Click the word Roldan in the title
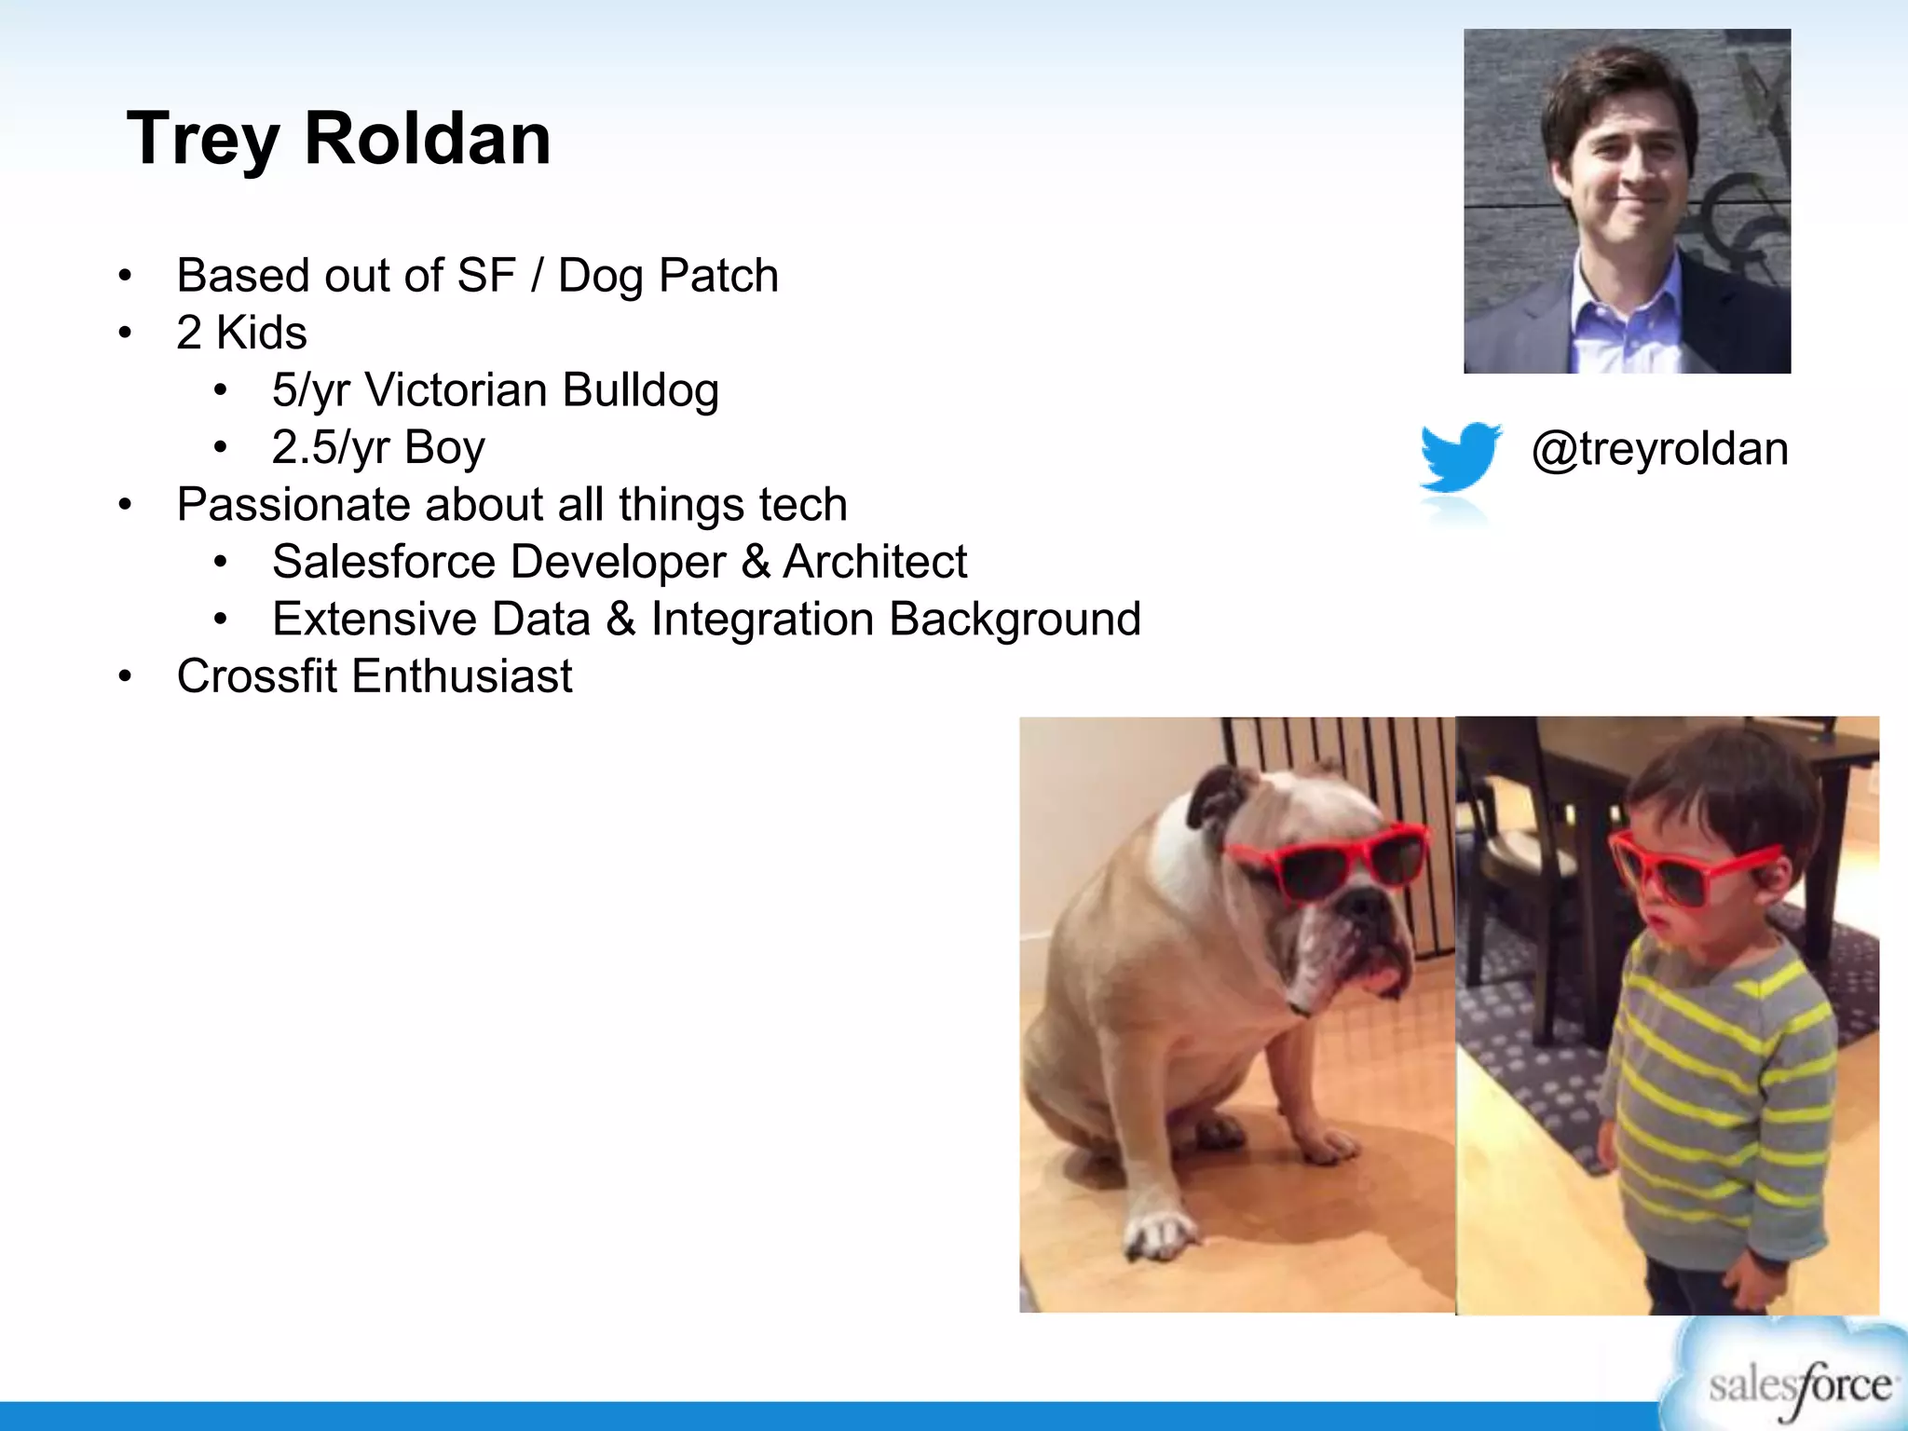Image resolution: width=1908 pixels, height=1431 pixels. [428, 139]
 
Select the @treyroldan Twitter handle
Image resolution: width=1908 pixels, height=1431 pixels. [1660, 449]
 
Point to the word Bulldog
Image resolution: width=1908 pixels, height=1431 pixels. [640, 389]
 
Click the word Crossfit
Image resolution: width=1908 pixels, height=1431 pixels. [257, 675]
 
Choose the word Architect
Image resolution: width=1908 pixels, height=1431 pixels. [875, 562]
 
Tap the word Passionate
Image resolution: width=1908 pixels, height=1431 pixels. [293, 505]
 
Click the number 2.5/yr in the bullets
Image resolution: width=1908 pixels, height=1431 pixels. [330, 447]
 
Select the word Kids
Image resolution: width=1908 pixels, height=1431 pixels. [261, 333]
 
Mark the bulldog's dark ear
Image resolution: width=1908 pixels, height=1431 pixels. [1216, 792]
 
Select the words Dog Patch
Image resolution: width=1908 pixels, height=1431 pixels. [668, 276]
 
